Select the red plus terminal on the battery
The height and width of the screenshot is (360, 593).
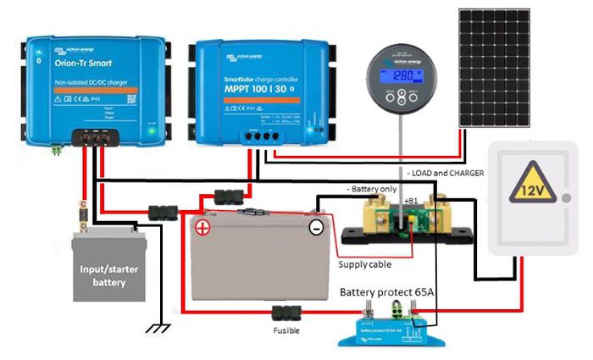coord(202,228)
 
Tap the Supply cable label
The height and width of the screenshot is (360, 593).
coord(364,264)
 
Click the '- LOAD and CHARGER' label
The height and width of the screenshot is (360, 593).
coord(446,173)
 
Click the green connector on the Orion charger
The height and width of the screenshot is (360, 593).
coord(58,148)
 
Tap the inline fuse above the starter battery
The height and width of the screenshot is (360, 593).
coord(82,208)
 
